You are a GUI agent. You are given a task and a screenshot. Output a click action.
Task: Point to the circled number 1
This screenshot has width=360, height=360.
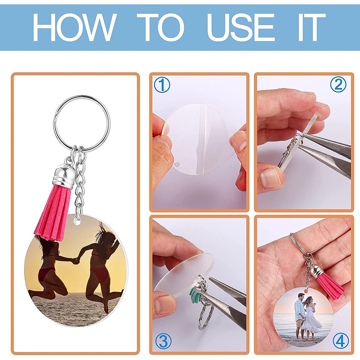pyautogui.click(x=162, y=85)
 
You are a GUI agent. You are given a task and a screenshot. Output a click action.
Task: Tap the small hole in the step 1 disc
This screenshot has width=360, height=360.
pyautogui.click(x=177, y=164)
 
